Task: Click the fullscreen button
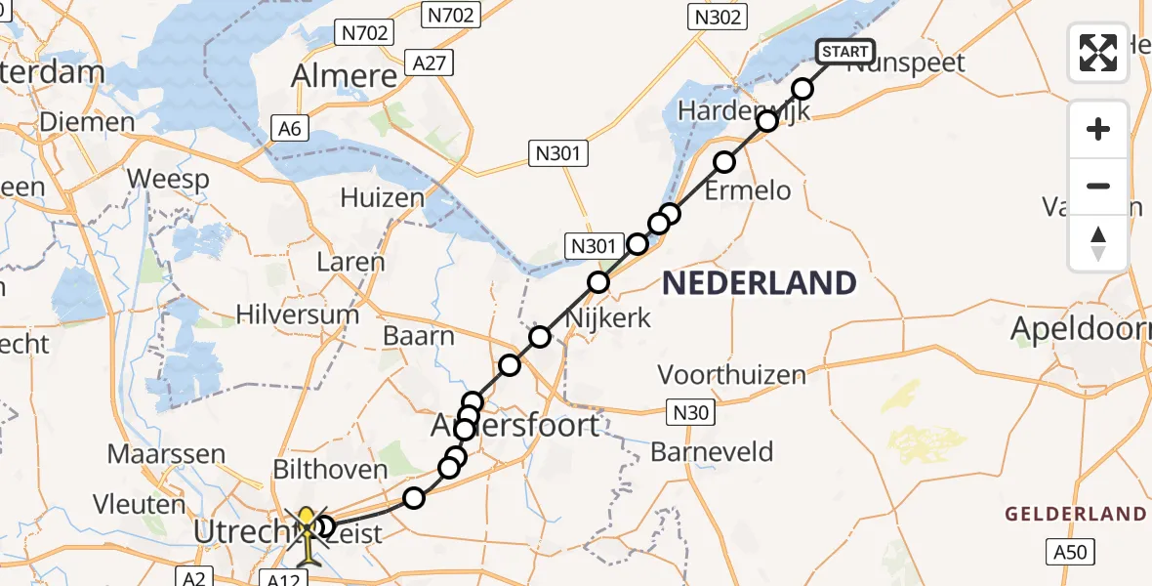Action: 1098,53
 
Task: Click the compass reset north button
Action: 1098,243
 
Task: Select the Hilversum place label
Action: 299,315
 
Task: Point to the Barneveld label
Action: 712,452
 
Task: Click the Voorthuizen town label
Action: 732,374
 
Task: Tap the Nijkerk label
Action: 608,318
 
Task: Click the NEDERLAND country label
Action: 760,284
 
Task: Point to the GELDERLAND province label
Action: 1076,514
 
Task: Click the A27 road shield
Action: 431,63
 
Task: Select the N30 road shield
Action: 691,412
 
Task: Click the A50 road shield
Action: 1070,553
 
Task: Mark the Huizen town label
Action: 383,198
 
